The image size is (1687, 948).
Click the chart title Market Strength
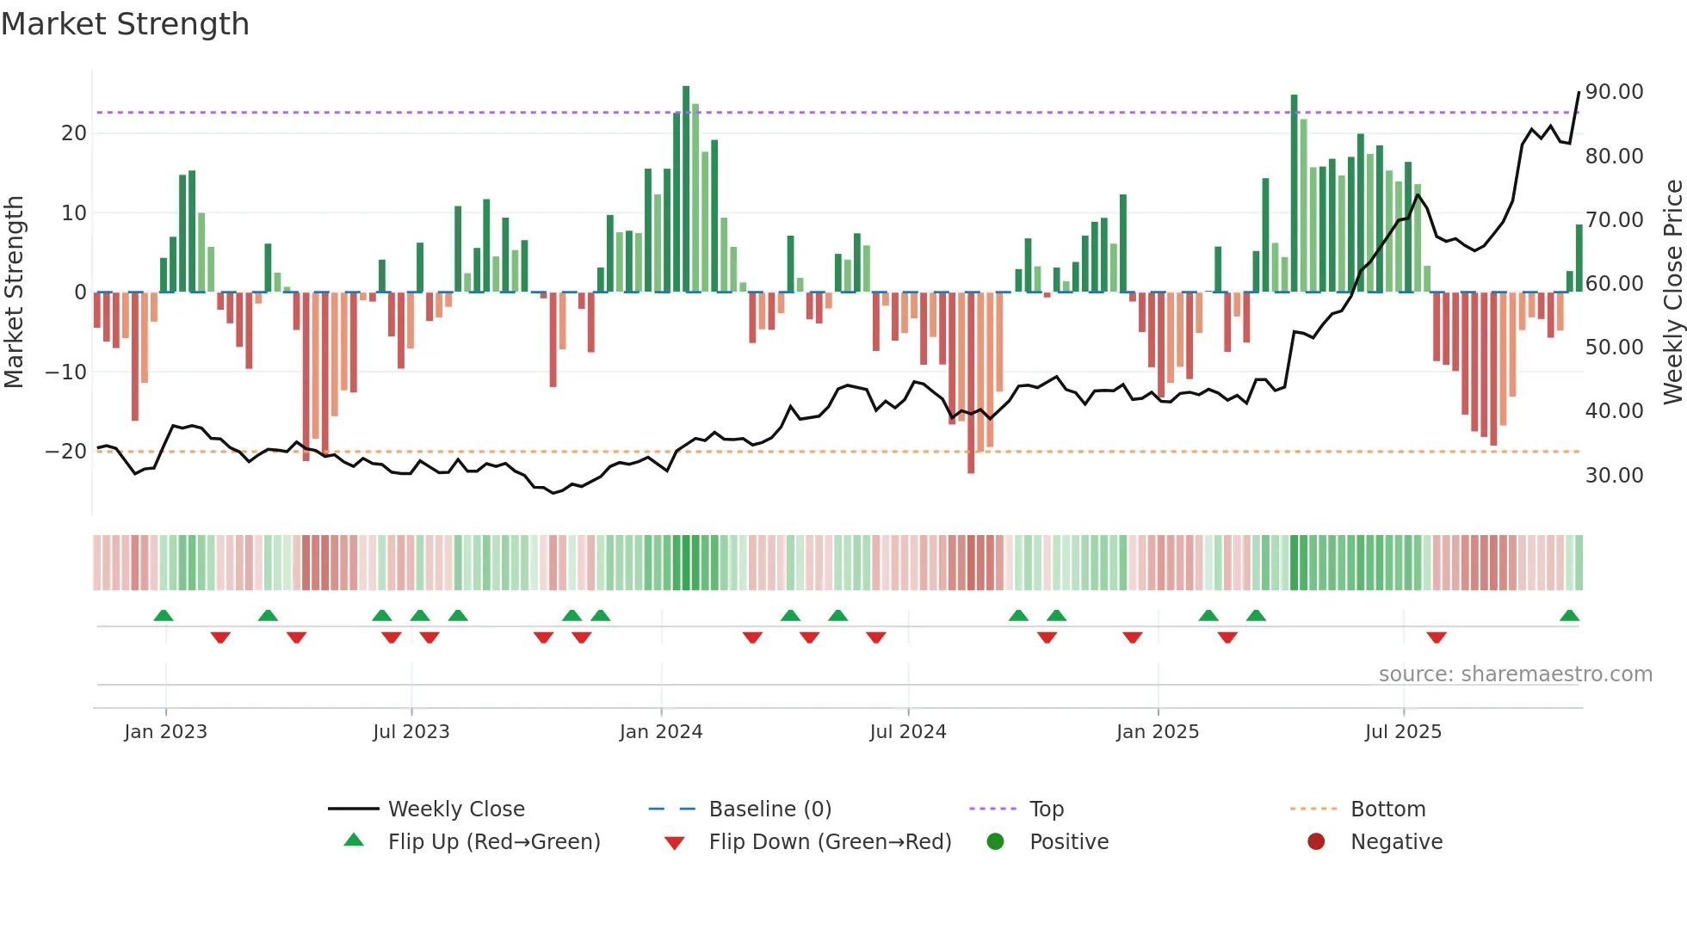point(125,24)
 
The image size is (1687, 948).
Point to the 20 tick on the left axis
point(74,133)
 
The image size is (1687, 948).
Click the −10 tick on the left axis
point(66,372)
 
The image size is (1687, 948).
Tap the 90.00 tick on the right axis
point(1614,92)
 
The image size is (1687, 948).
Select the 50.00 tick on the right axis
point(1614,348)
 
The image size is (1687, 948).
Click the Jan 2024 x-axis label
point(660,732)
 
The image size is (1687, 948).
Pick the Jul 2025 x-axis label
point(1402,732)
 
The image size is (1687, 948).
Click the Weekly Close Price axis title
point(1672,292)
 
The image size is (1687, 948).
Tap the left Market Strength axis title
point(14,292)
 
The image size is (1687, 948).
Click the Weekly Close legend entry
point(455,809)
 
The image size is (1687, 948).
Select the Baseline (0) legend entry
point(769,809)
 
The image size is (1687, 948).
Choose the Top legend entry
point(1046,809)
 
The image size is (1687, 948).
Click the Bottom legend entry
point(1387,809)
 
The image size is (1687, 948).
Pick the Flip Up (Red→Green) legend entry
point(493,842)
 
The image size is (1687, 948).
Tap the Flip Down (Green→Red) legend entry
point(829,842)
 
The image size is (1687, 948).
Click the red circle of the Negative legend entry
point(1315,842)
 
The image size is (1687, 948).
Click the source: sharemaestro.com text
point(1515,674)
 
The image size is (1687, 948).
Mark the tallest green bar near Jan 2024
point(686,189)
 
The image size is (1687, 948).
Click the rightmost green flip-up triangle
point(1569,616)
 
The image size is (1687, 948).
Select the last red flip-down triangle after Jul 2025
point(1436,637)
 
